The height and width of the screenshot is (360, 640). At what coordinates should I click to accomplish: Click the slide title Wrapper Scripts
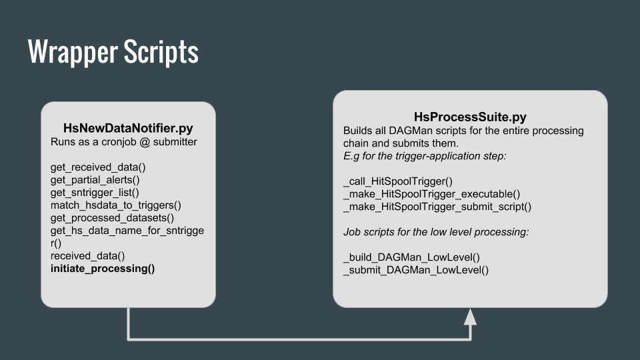click(113, 52)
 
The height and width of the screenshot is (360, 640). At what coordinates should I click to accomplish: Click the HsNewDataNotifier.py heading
click(128, 128)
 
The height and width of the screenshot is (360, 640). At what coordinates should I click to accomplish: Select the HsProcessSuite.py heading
click(470, 117)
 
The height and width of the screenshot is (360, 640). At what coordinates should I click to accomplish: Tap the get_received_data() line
click(98, 167)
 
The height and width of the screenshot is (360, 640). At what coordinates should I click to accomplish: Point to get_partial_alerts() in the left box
click(95, 180)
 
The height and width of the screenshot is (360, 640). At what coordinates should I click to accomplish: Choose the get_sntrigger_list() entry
click(95, 193)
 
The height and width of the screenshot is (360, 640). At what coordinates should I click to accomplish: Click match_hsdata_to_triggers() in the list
click(116, 205)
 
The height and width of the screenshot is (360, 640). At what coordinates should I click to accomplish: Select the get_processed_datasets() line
click(112, 218)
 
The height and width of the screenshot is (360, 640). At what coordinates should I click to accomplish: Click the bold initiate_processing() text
click(103, 269)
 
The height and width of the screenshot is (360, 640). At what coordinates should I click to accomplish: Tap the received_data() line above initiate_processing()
click(88, 256)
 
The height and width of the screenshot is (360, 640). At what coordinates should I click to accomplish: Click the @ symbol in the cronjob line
click(144, 142)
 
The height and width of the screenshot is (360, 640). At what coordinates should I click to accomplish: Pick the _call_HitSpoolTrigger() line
click(398, 181)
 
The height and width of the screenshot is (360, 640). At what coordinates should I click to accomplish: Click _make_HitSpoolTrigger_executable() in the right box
click(432, 194)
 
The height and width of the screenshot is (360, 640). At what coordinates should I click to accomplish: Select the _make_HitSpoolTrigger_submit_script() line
click(437, 207)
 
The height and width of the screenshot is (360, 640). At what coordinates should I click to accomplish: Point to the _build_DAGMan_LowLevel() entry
click(411, 257)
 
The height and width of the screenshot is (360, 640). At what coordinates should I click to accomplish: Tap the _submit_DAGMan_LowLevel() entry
click(416, 270)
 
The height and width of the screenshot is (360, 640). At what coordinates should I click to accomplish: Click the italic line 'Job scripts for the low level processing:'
click(436, 232)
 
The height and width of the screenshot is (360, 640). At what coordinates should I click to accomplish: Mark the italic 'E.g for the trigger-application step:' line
click(425, 156)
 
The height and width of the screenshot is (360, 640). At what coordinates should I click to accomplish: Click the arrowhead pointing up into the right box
click(470, 317)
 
